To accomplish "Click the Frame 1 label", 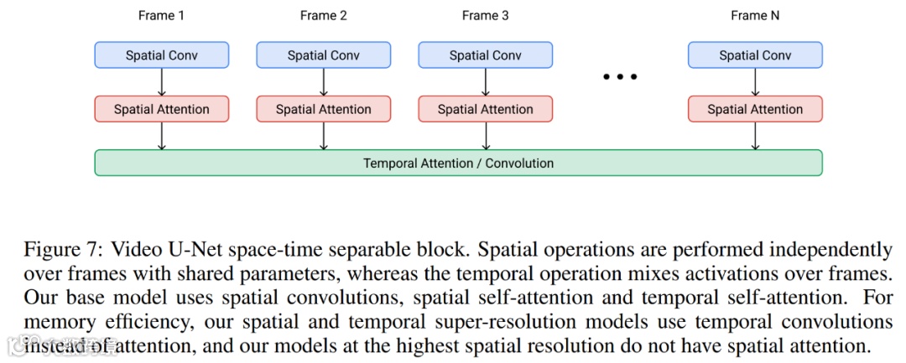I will click(x=161, y=15).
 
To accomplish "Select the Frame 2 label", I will click(x=323, y=15).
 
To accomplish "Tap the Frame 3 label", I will click(x=485, y=15).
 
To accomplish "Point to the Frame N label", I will click(x=755, y=15).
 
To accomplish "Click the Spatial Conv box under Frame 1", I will click(x=161, y=55).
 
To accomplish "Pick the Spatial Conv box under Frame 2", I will click(x=323, y=55).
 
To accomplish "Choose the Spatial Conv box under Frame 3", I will click(x=485, y=55).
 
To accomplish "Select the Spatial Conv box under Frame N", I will click(x=755, y=55).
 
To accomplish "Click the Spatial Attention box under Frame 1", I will click(x=161, y=109).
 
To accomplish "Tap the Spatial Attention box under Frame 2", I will click(x=323, y=109).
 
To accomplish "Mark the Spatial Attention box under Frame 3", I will click(x=485, y=109).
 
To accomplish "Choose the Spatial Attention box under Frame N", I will click(x=755, y=109).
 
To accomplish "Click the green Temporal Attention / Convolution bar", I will click(x=458, y=163).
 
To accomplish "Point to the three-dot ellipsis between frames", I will click(x=621, y=77).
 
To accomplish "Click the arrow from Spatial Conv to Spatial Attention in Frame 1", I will click(x=161, y=82).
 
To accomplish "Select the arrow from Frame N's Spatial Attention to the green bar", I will click(x=755, y=136).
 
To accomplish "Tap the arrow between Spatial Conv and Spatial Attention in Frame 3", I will click(x=485, y=82).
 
